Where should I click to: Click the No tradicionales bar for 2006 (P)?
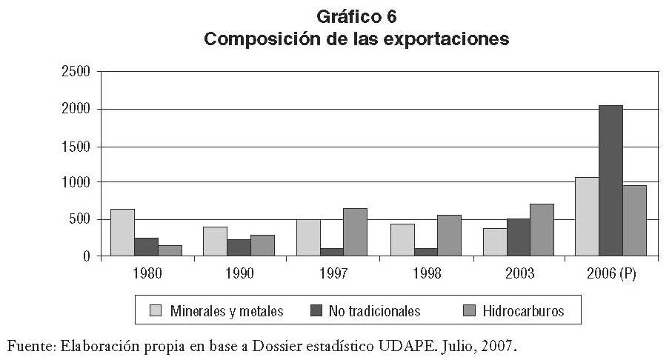[611, 181]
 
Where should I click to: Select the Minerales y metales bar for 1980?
[122, 233]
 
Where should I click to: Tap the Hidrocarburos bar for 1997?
[355, 232]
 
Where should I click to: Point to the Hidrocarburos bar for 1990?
[262, 245]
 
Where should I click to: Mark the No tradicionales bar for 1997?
[332, 252]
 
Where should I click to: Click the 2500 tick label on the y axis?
[76, 73]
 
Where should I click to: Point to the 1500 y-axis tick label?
[76, 146]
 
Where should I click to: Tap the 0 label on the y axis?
[86, 256]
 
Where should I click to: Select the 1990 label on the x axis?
[239, 274]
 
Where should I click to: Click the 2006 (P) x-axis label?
[611, 274]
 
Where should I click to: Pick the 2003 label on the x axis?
[519, 274]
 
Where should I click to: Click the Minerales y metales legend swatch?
[156, 311]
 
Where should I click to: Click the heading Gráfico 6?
[357, 16]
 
